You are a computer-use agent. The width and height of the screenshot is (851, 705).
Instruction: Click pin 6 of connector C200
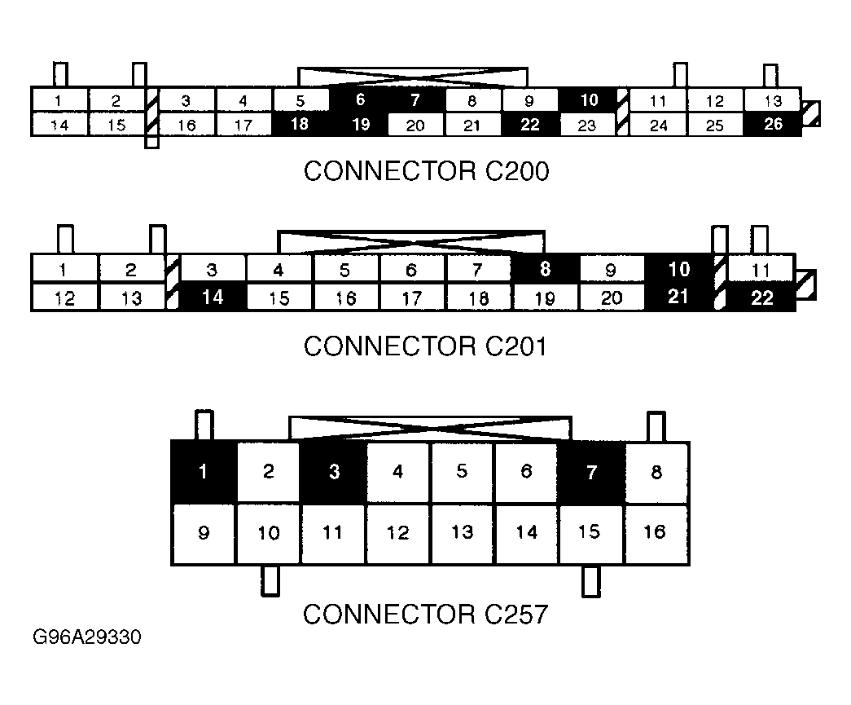click(x=359, y=99)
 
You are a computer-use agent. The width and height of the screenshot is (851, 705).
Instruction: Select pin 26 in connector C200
click(x=773, y=125)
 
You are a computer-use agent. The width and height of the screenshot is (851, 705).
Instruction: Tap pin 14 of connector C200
click(x=59, y=125)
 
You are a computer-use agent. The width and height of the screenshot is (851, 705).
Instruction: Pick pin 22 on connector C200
click(x=530, y=125)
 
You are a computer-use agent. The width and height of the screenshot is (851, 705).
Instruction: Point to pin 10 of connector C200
click(x=589, y=99)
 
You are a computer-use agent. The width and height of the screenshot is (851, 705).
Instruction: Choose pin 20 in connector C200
click(x=415, y=125)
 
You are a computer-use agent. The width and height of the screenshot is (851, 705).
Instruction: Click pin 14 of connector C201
click(x=213, y=297)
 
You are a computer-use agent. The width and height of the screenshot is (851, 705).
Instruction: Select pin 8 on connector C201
click(x=546, y=268)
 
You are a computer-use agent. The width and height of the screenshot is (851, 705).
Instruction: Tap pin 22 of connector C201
click(x=761, y=297)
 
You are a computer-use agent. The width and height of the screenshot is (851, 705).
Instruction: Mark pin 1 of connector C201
click(x=65, y=268)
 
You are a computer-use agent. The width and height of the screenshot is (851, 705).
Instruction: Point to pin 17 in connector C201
click(x=412, y=297)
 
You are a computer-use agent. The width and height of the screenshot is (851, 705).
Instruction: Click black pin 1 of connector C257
click(x=204, y=473)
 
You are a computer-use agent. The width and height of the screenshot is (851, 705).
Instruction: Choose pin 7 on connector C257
click(x=592, y=473)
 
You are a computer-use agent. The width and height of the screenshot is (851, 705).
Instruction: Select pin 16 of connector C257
click(x=656, y=534)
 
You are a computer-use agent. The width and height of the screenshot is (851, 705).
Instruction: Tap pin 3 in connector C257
click(x=334, y=473)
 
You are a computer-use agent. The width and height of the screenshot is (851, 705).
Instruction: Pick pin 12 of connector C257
click(x=397, y=534)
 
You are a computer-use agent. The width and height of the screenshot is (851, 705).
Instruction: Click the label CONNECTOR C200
click(x=426, y=171)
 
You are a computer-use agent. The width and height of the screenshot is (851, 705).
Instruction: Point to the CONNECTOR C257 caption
click(x=426, y=614)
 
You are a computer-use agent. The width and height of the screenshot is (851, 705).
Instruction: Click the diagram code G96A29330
click(x=87, y=637)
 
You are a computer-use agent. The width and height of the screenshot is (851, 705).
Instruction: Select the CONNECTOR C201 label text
click(x=426, y=346)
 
